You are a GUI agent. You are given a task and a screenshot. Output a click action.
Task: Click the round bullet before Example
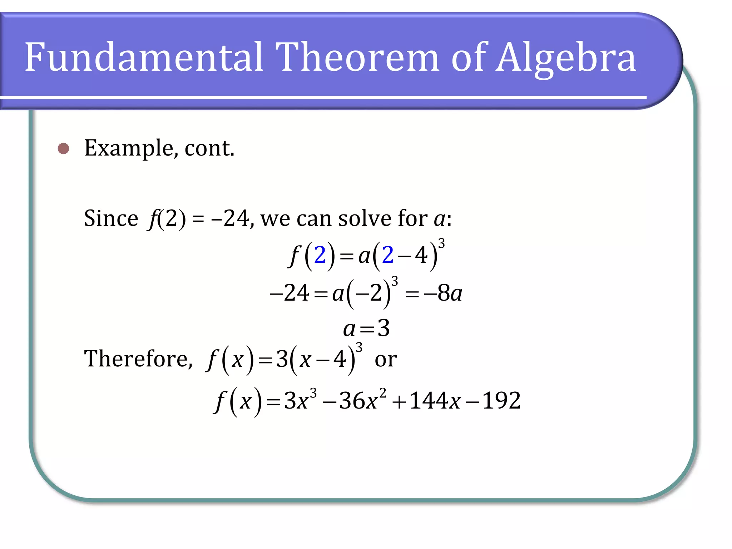point(64,148)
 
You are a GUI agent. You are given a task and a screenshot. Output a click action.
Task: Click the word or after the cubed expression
point(386,359)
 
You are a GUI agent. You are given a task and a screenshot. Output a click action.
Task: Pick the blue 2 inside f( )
point(320,255)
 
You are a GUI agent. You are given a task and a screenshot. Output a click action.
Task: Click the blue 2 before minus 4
point(388,255)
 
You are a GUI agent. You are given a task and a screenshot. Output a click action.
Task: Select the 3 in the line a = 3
point(384,328)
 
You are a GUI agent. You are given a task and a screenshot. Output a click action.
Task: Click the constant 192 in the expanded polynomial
point(501,400)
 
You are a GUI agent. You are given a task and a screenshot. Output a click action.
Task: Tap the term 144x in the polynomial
point(435,400)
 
